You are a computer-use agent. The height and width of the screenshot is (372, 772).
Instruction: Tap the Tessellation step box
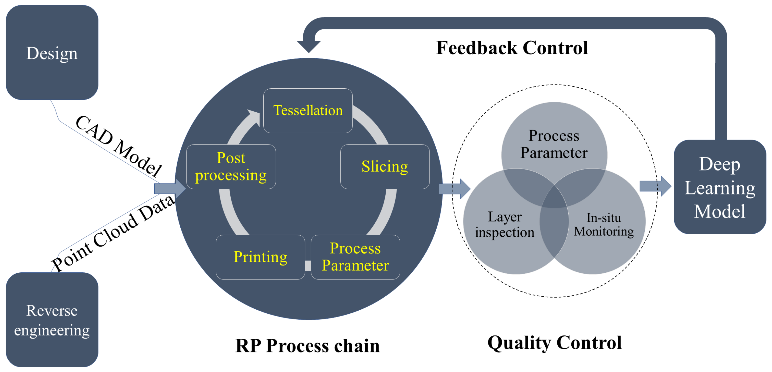pos(308,111)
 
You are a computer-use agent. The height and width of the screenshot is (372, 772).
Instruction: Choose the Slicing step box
pos(385,167)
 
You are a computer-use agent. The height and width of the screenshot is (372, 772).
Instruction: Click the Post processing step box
pos(231,167)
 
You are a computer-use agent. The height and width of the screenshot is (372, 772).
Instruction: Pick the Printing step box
pos(260,257)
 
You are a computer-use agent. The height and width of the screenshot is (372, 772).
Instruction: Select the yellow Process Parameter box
pos(355,257)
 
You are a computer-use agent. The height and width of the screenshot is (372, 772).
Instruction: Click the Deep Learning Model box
pos(720,187)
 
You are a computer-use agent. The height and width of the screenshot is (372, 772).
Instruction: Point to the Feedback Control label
pos(512,48)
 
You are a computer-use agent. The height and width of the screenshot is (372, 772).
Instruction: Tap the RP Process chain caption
pos(308,346)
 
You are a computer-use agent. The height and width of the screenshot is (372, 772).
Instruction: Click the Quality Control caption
pos(554,343)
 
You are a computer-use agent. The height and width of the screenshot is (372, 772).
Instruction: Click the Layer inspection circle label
pos(505,225)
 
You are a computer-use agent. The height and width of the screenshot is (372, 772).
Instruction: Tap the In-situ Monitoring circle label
pos(603,225)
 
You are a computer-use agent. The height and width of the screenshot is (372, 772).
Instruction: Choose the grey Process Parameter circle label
pos(554,144)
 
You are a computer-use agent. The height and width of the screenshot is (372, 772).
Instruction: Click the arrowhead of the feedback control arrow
pos(309,47)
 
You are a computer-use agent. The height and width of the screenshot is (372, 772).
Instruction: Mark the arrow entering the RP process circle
pos(170,189)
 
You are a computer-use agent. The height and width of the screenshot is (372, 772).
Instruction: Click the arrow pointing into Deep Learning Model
pos(655,186)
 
